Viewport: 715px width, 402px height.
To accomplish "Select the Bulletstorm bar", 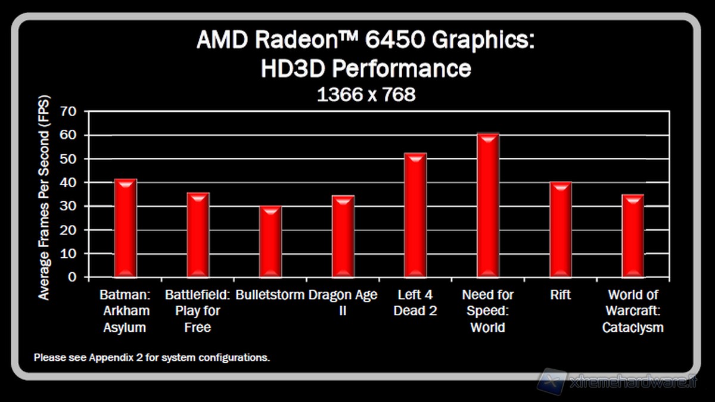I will point(271,241).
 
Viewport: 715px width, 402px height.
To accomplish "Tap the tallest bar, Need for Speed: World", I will point(488,205).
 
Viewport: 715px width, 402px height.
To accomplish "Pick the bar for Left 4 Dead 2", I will point(415,215).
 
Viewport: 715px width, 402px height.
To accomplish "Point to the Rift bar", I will point(561,229).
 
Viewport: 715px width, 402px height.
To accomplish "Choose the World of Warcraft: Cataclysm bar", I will point(633,236).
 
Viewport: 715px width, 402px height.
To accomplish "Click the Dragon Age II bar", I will point(343,236).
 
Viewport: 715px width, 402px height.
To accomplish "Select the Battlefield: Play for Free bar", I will point(198,235).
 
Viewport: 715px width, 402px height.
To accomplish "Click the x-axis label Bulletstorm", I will point(270,295).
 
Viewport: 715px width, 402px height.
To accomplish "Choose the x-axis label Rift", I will point(561,295).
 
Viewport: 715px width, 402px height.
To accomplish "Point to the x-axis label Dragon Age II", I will point(343,303).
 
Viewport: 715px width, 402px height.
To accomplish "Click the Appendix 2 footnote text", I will point(152,358).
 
